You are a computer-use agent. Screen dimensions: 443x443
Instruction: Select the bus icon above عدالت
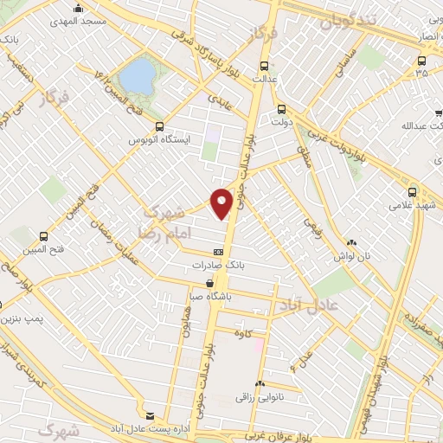(264, 65)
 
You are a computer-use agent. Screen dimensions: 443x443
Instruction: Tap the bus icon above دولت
(281, 109)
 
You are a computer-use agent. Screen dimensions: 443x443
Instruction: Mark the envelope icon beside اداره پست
(151, 416)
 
